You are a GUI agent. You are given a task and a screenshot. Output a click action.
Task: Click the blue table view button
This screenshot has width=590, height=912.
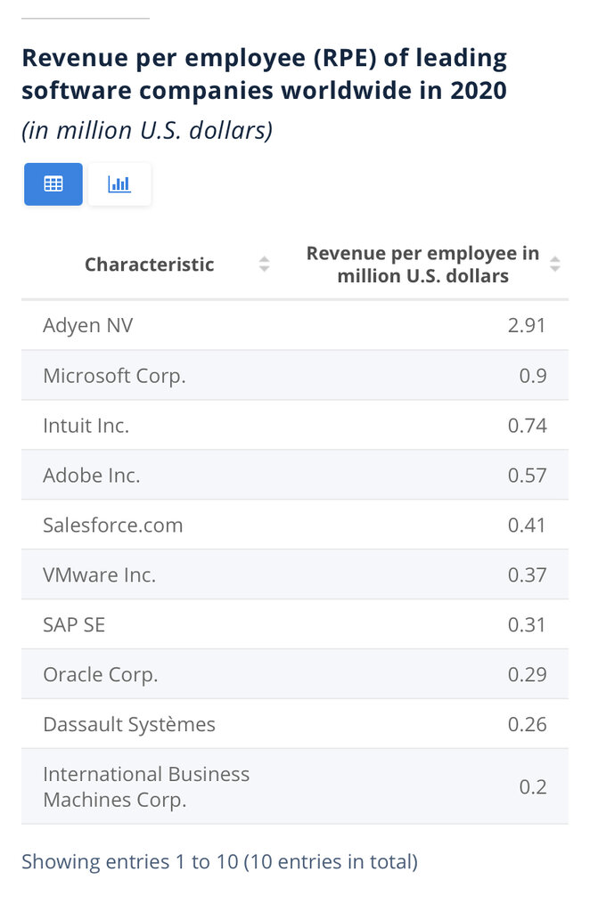53,183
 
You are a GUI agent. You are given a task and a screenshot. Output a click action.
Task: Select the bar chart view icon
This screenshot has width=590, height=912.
119,184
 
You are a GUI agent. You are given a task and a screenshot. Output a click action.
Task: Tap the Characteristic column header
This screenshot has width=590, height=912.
150,265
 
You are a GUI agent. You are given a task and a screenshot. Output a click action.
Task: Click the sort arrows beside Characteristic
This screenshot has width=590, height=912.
264,264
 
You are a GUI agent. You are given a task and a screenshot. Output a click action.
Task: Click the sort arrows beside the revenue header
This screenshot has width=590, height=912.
555,264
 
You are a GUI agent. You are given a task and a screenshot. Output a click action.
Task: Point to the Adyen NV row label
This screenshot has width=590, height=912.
88,325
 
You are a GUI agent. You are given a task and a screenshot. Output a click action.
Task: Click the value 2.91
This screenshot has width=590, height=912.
527,325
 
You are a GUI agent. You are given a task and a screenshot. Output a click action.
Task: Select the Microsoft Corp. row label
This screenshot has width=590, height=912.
115,377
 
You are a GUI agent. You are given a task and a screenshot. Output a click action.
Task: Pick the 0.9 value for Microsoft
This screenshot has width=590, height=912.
533,376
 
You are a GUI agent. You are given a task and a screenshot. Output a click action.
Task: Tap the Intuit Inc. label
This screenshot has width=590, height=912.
86,426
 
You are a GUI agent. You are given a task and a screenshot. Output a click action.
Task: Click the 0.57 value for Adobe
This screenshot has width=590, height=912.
527,476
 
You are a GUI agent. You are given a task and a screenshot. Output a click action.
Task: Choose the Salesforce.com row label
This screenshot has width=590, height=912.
113,525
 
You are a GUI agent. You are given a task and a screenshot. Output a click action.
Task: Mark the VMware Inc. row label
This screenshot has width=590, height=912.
100,575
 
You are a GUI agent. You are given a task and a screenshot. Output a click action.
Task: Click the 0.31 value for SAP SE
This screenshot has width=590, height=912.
527,624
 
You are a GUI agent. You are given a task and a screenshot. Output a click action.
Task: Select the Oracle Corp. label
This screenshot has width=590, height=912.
101,675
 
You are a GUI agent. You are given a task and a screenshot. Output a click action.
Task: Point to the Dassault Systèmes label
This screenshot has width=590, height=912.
129,725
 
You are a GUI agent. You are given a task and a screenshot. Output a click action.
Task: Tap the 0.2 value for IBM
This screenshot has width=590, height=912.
533,787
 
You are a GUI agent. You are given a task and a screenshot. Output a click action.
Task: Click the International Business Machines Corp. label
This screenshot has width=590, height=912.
146,787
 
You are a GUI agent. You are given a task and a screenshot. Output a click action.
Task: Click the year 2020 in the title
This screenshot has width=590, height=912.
479,91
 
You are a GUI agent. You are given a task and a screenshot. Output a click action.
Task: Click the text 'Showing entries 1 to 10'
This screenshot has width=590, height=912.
130,861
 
